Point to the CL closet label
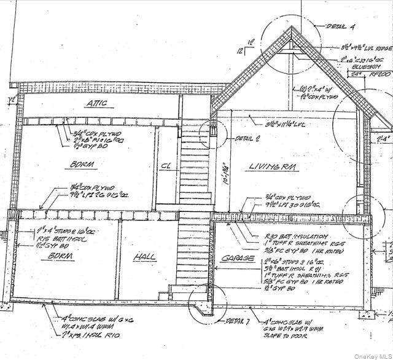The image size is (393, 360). (166, 166)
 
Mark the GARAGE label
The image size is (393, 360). (238, 259)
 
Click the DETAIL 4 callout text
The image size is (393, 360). (336, 27)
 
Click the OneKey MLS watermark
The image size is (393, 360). (371, 354)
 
